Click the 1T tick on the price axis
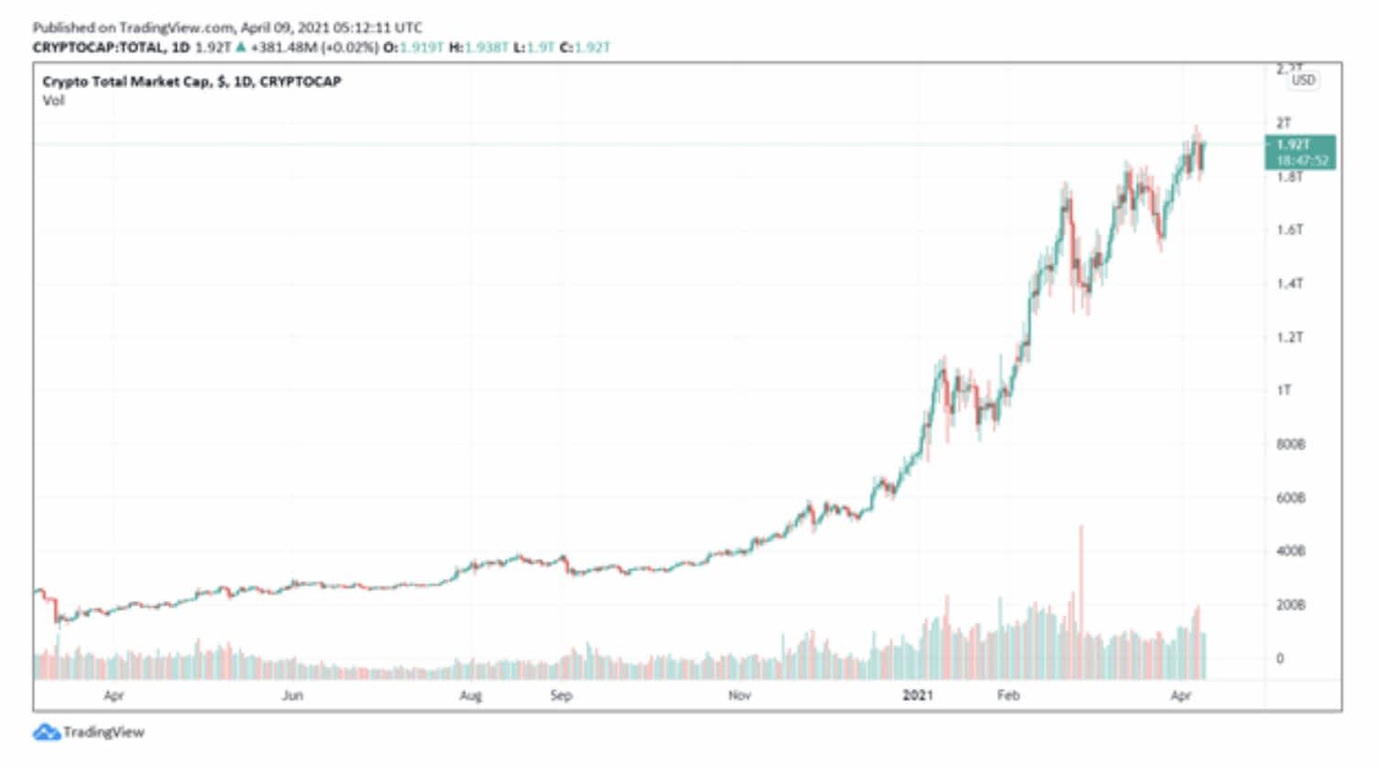coord(1284,390)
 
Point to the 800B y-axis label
coord(1290,444)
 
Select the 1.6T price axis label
coord(1289,229)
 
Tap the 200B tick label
coord(1290,605)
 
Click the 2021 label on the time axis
coord(917,696)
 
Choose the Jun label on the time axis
coord(292,696)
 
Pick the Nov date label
coord(739,696)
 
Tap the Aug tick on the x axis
coord(470,696)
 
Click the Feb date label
coord(1008,696)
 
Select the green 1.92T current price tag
coord(1300,152)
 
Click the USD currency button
coord(1303,80)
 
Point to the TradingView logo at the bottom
coord(89,732)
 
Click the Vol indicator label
coord(53,101)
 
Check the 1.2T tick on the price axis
coord(1289,337)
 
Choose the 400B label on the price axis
coord(1290,552)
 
